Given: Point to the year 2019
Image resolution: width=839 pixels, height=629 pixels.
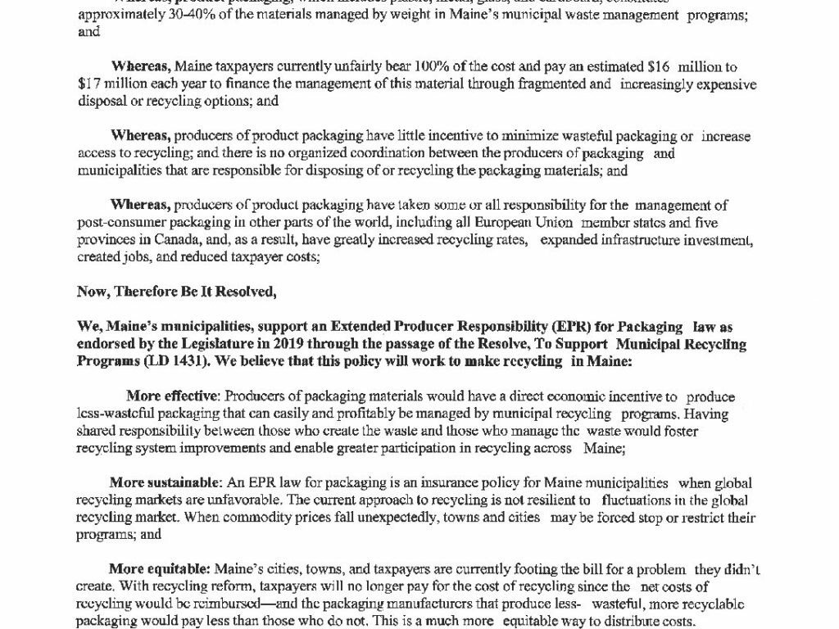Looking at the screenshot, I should (299, 345).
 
